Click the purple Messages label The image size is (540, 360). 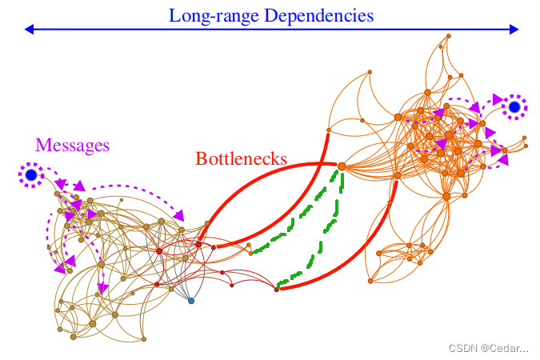point(72,145)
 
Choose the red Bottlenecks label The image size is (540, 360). point(241,158)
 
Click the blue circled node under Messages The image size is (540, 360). point(31,174)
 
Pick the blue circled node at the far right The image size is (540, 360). point(514,106)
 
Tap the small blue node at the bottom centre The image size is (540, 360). point(190,301)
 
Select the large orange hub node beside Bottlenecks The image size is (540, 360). point(342,166)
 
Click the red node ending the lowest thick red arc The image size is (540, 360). point(277,289)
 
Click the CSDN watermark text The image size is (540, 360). point(488,348)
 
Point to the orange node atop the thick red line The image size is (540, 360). point(329,130)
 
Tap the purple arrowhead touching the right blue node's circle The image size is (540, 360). point(497,100)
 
